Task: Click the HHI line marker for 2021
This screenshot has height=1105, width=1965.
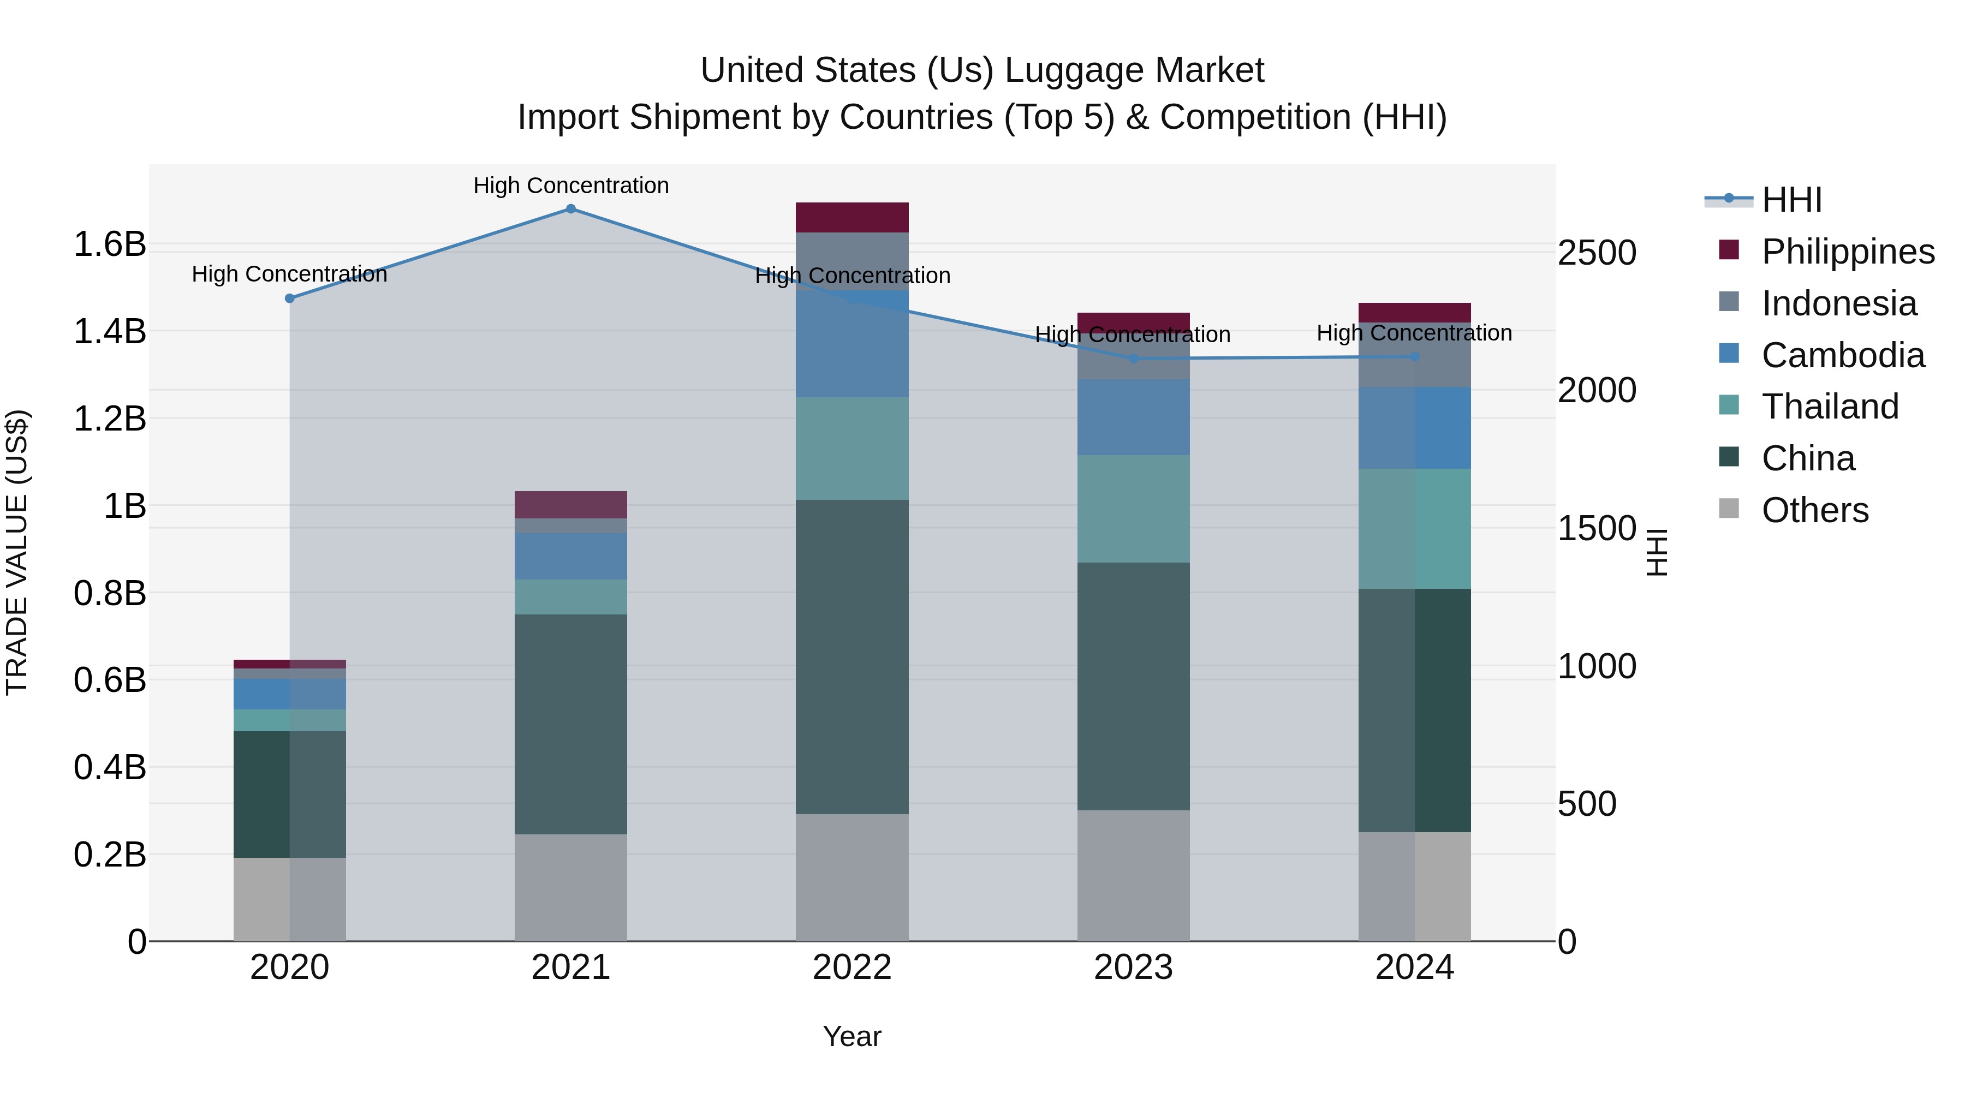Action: pyautogui.click(x=570, y=209)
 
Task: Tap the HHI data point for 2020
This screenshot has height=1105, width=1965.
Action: pyautogui.click(x=290, y=298)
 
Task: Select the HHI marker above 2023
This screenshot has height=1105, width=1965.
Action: pyautogui.click(x=1134, y=359)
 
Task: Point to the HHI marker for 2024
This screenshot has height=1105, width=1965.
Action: pyautogui.click(x=1414, y=357)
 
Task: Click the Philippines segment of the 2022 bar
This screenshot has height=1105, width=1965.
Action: pyautogui.click(x=852, y=217)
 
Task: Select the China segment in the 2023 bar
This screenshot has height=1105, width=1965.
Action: pyautogui.click(x=1134, y=686)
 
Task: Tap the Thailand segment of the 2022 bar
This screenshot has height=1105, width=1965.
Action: pyautogui.click(x=852, y=449)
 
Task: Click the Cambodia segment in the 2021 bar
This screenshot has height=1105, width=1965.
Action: pyautogui.click(x=570, y=556)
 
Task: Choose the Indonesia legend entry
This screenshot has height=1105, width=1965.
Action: pyautogui.click(x=1838, y=303)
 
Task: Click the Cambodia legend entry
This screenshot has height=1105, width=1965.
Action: pyautogui.click(x=1842, y=355)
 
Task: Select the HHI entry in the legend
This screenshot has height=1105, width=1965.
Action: pyautogui.click(x=1791, y=200)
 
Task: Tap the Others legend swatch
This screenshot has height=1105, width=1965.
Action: pyautogui.click(x=1729, y=509)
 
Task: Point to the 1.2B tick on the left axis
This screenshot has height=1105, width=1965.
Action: pyautogui.click(x=109, y=419)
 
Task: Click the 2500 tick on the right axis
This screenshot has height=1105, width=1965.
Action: pyautogui.click(x=1597, y=253)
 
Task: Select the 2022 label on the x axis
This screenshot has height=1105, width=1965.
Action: pyautogui.click(x=852, y=967)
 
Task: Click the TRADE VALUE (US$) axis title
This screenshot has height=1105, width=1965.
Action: pyautogui.click(x=17, y=552)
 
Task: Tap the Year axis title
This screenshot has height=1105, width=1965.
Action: pyautogui.click(x=852, y=1036)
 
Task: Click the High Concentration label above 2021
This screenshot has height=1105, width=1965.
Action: pyautogui.click(x=570, y=186)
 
